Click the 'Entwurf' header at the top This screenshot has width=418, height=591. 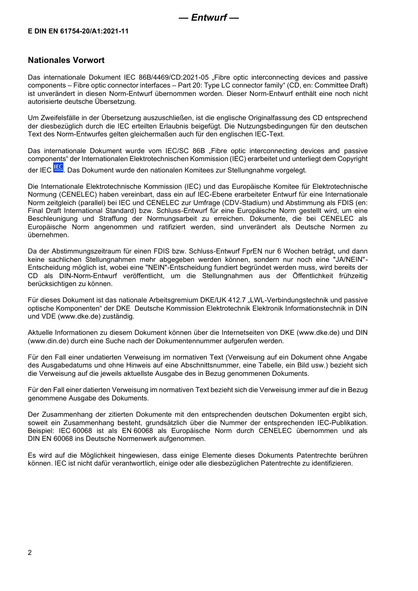click(x=209, y=18)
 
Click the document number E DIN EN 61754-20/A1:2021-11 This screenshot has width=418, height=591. click(x=78, y=31)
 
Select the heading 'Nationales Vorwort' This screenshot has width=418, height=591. click(x=66, y=60)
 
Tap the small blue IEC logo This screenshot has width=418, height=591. click(x=58, y=167)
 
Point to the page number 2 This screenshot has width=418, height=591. click(x=30, y=553)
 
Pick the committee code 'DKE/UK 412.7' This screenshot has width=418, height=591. click(x=223, y=300)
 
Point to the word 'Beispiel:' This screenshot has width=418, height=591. click(x=41, y=431)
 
